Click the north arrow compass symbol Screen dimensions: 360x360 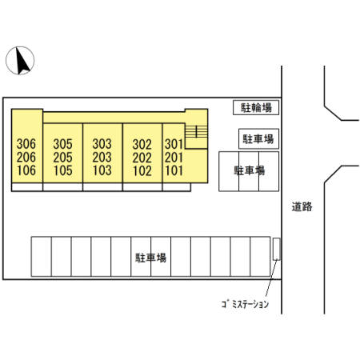pos(20,61)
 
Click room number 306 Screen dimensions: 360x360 pos(26,144)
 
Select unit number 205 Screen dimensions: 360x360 pos(62,158)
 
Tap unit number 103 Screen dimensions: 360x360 pos(102,170)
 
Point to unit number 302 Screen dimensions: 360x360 pos(142,145)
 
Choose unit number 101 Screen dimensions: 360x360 pos(174,170)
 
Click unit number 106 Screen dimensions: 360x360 pos(26,170)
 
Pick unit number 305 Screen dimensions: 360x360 pos(62,144)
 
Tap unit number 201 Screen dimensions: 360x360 pos(174,158)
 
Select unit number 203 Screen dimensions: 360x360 pos(102,158)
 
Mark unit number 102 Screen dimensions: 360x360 pos(142,171)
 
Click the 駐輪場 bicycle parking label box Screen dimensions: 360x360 pos(256,108)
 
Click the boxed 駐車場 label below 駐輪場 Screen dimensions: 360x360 pos(258,139)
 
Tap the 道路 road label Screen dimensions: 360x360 pos(302,206)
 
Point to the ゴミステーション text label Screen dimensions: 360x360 pos(245,304)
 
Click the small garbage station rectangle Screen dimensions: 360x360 pos(277,249)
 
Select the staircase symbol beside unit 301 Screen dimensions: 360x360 pos(196,131)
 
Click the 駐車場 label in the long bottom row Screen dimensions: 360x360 pos(151,258)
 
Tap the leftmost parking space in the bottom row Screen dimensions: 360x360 pos(42,257)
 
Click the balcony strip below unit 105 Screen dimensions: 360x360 pos(62,187)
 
